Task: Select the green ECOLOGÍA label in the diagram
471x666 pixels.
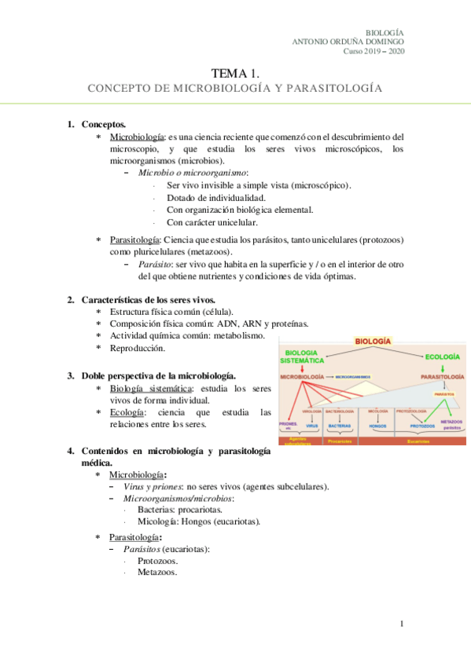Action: coord(442,357)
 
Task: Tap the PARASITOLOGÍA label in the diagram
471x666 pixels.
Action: coord(441,377)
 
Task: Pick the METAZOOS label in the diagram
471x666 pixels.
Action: coord(451,423)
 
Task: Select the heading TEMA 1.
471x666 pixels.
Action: coord(234,72)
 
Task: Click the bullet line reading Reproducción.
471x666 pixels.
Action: coord(138,348)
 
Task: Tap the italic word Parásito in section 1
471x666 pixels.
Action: coord(156,265)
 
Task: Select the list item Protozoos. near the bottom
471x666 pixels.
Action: coord(157,561)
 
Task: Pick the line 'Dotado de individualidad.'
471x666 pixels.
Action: coord(215,197)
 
